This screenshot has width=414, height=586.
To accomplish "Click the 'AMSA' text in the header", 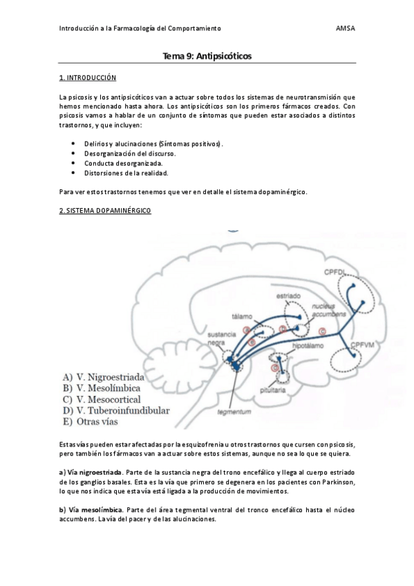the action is point(345,28).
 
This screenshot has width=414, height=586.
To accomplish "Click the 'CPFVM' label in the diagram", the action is point(362,345).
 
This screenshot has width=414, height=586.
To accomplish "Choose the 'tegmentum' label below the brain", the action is point(233,413).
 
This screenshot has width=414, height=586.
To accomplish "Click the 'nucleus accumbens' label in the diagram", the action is point(328,309).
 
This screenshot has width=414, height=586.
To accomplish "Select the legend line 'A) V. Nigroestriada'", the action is point(103,377).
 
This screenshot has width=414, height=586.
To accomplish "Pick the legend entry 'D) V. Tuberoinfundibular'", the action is point(115,410).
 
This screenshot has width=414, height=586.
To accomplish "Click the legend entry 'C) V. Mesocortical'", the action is point(102,399).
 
